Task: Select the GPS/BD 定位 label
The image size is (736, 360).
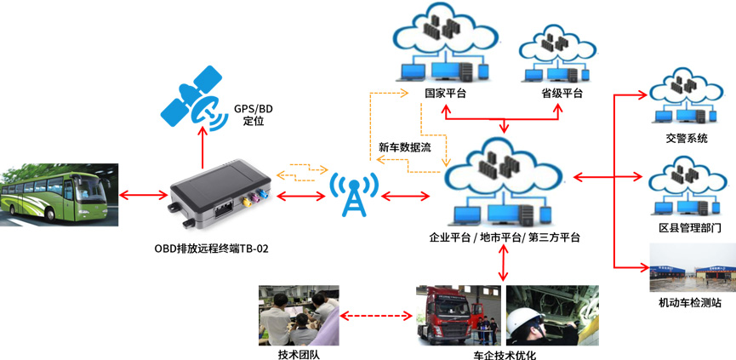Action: [254, 115]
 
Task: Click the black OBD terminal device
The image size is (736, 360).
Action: [219, 195]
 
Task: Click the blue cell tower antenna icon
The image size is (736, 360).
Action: [351, 194]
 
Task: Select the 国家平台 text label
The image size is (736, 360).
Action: [445, 94]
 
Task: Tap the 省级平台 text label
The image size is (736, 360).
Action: [562, 94]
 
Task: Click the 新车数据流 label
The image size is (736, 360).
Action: [405, 147]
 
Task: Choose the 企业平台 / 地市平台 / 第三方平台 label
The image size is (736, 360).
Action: [505, 237]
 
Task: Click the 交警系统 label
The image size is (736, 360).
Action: [687, 138]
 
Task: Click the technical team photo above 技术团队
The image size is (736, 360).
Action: [298, 314]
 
